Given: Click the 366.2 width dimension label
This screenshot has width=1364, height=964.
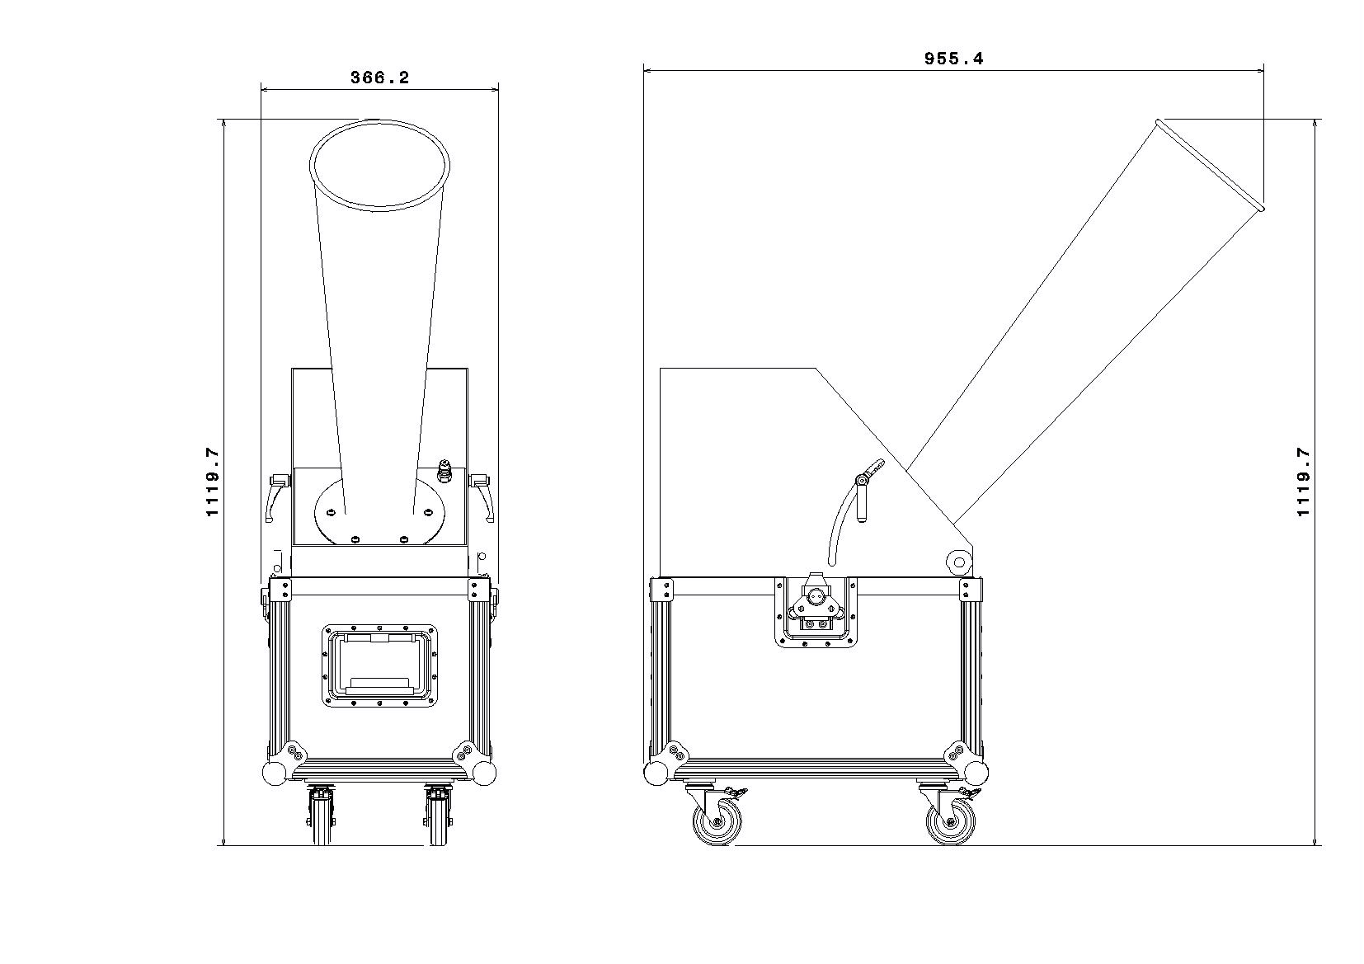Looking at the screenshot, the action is coord(380,78).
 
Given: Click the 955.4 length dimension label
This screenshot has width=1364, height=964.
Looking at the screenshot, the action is coord(953,59).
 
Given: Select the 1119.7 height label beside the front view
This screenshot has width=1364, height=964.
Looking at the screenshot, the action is coord(212,482).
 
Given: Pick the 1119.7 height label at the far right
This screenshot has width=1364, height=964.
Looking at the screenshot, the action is coord(1302,482).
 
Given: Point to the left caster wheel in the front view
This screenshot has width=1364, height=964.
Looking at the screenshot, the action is coord(322,816).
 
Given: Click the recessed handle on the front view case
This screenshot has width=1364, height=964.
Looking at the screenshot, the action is coord(379,665).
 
